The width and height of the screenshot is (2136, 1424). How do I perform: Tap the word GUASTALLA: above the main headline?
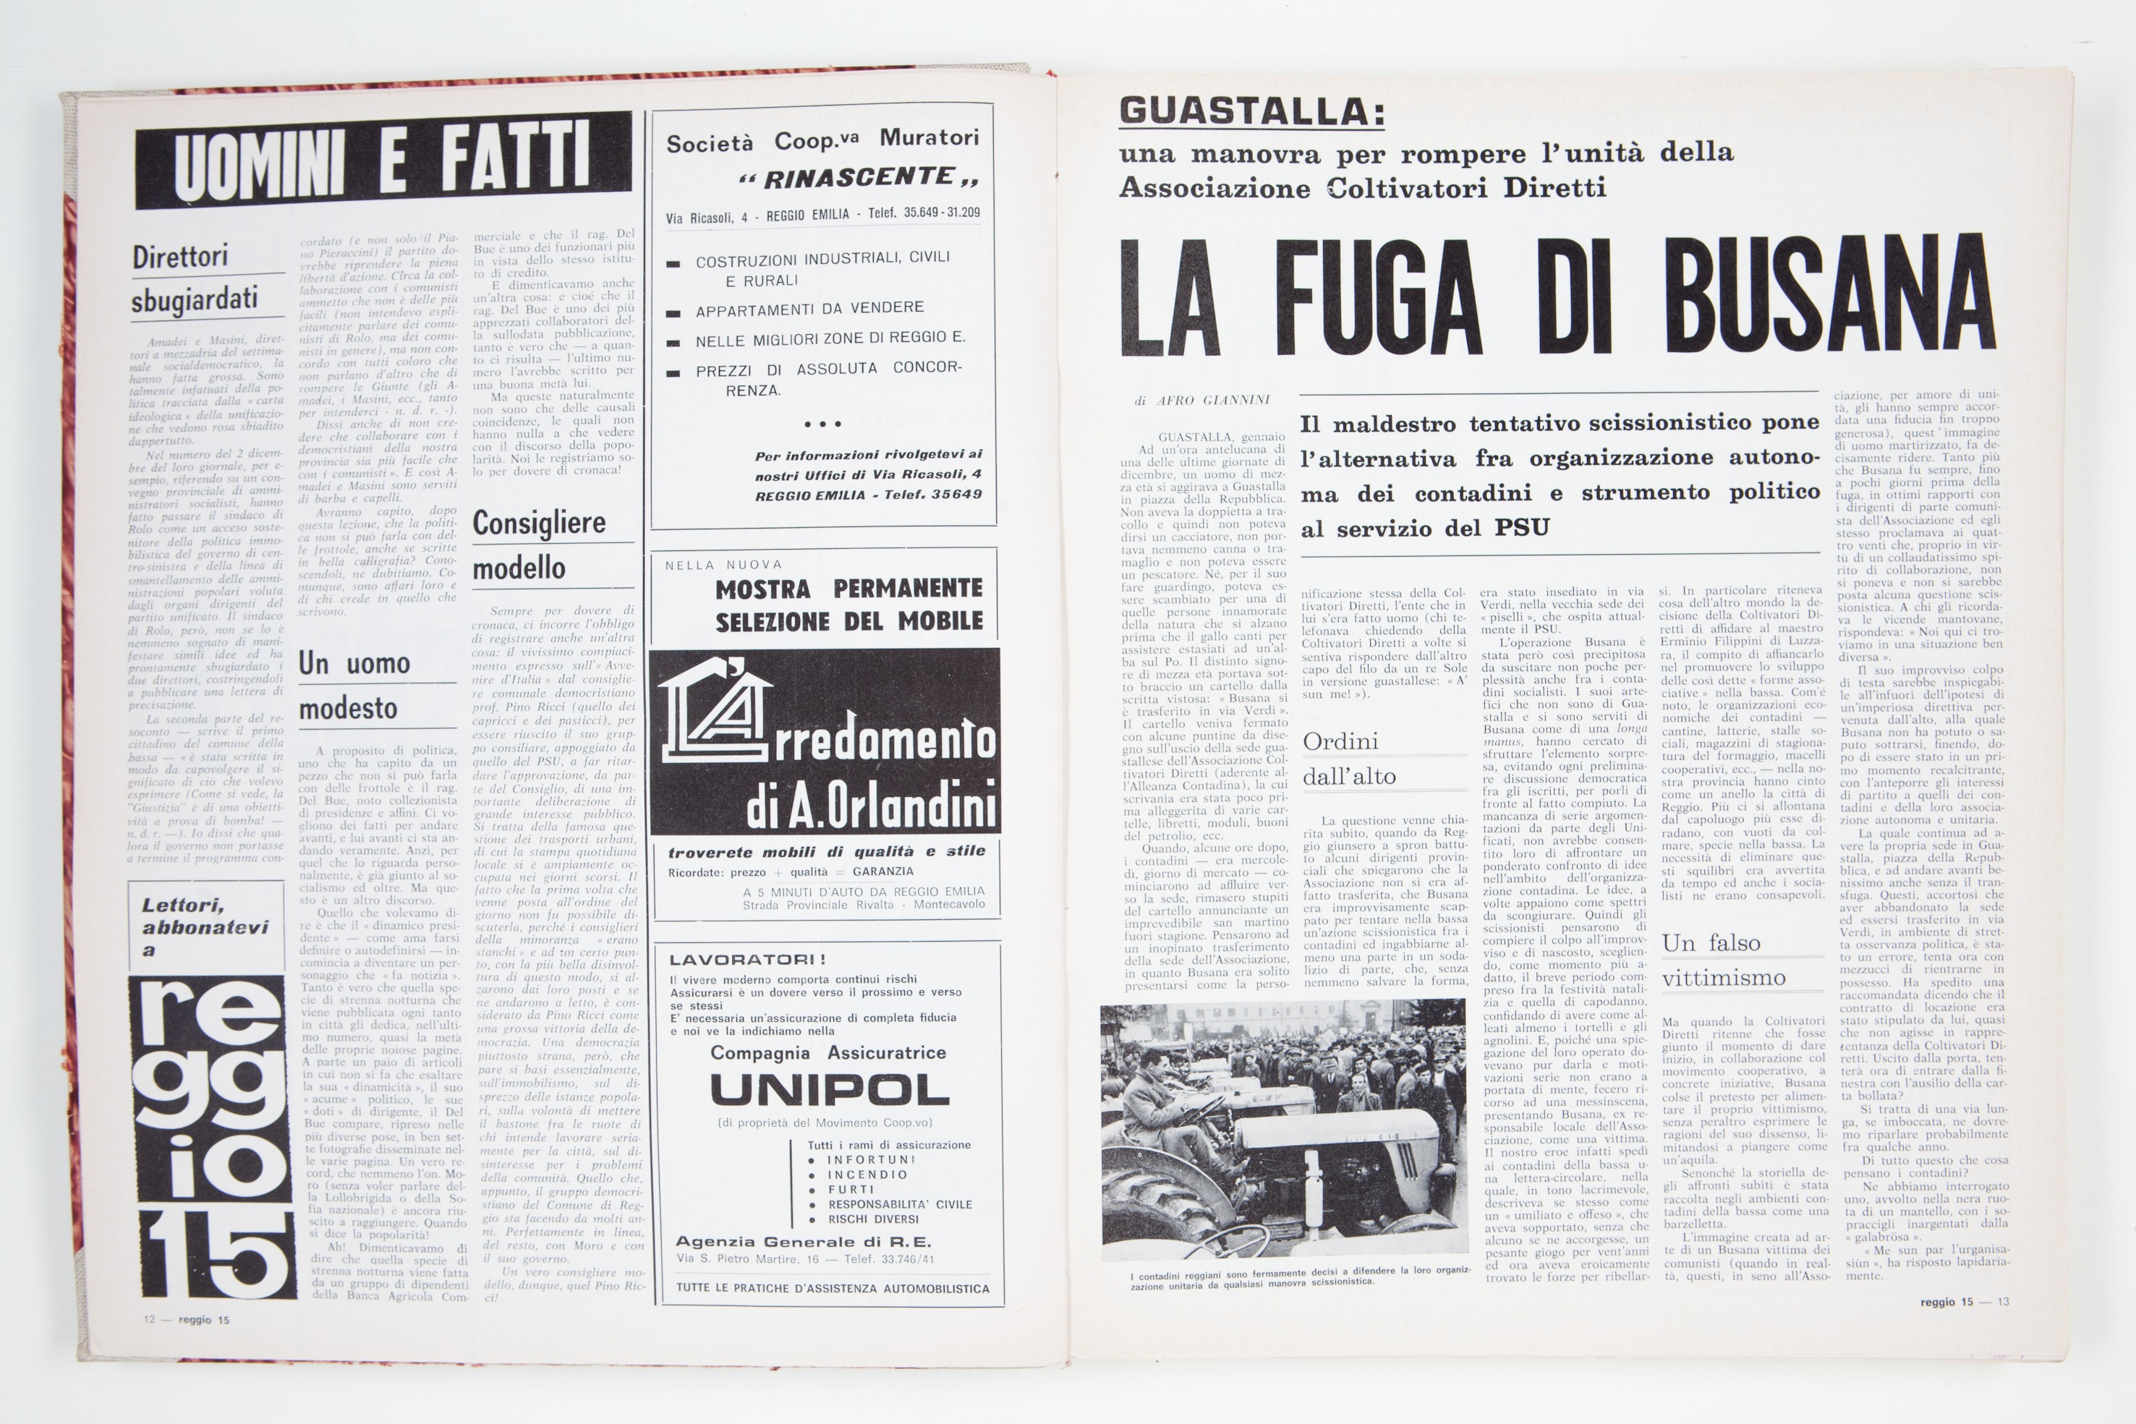coord(1252,111)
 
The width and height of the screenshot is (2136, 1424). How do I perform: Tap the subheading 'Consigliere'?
coord(540,523)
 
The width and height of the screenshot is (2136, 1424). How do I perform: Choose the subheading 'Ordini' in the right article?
coord(1340,741)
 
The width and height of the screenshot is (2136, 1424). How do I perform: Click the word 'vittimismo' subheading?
coord(1723,978)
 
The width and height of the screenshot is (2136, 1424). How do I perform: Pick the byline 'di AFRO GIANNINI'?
coord(1201,400)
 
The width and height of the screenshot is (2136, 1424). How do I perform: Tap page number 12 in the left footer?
coord(149,1320)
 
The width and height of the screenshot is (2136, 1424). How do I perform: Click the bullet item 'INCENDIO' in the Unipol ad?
coord(867,1174)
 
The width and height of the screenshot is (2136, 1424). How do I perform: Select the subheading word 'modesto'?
coord(348,708)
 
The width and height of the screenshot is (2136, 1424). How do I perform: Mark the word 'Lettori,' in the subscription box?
coord(182,905)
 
